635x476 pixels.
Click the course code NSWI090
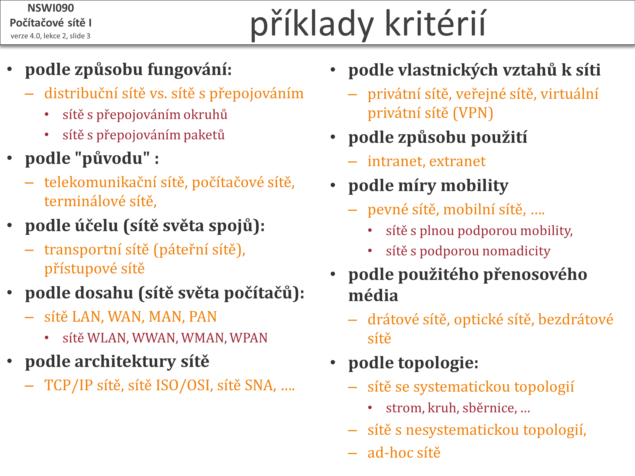click(x=51, y=8)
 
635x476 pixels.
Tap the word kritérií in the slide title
click(x=435, y=23)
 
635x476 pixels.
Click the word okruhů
click(x=205, y=114)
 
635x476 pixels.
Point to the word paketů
click(x=204, y=135)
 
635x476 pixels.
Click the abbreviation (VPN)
click(x=473, y=113)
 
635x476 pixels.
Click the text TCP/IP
click(x=69, y=385)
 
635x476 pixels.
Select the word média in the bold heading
click(x=373, y=296)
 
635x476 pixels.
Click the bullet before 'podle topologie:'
click(x=333, y=363)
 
